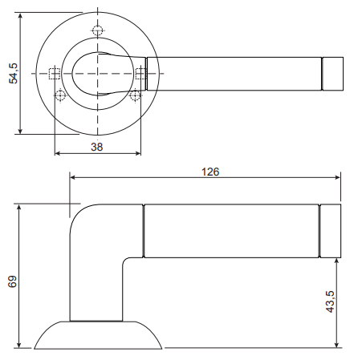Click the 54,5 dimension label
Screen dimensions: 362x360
click(13, 74)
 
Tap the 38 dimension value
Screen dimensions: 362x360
click(96, 147)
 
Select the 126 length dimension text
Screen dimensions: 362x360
click(210, 172)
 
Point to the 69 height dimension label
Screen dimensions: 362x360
click(12, 281)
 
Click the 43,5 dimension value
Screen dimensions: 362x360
click(330, 301)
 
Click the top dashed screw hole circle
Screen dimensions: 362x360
click(97, 30)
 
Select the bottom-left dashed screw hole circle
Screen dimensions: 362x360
click(60, 95)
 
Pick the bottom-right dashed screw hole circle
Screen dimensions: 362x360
click(135, 95)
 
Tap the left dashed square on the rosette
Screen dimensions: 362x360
click(55, 74)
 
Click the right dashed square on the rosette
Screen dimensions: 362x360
click(140, 74)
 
